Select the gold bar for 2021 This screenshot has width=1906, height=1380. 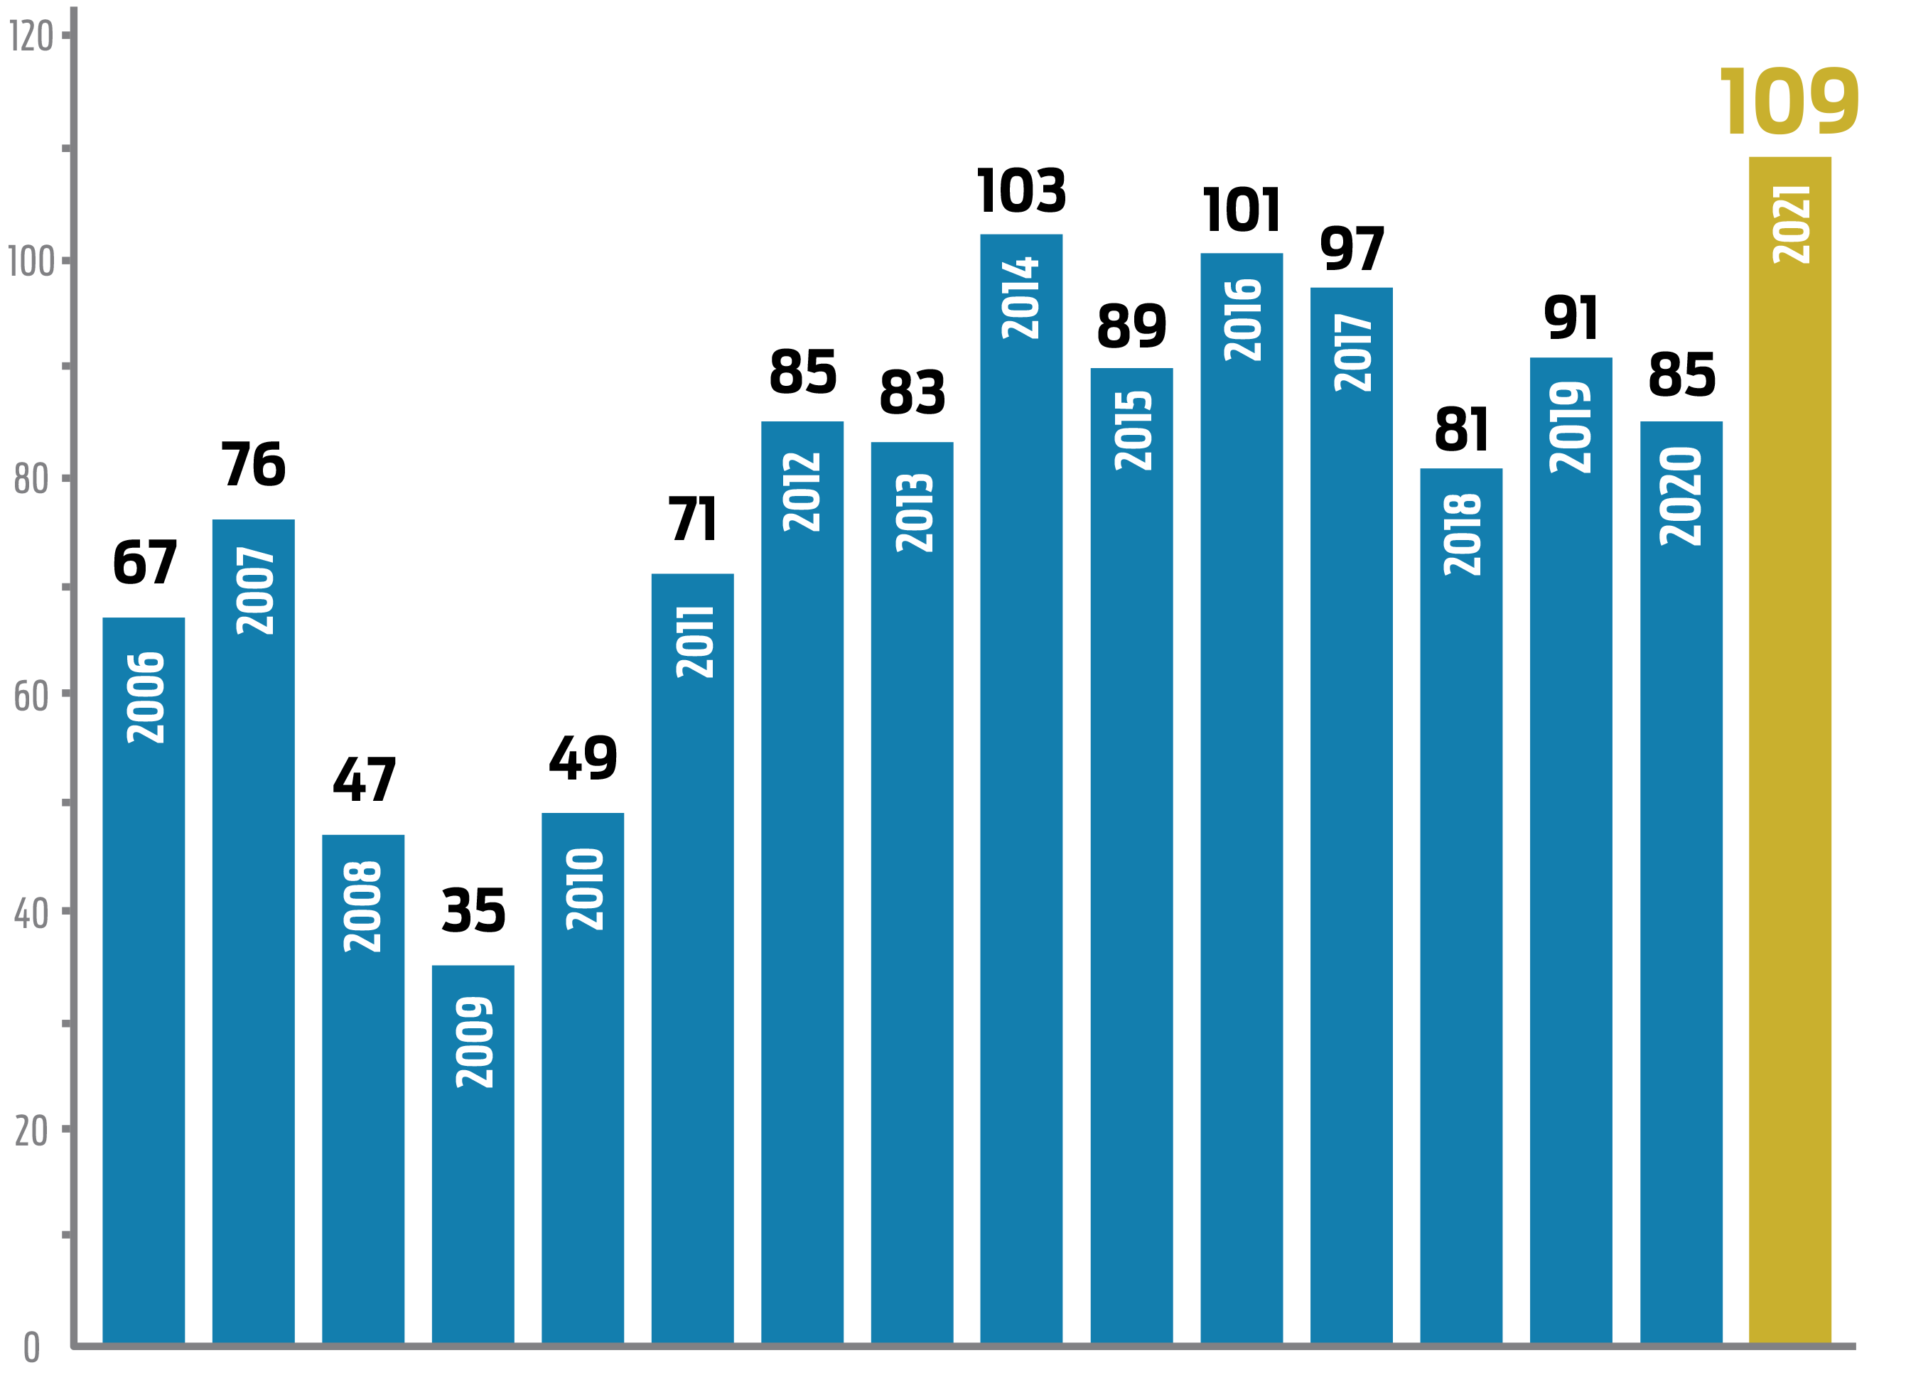1790,756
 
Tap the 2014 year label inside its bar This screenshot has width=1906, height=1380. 1021,298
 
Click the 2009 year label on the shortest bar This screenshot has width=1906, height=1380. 474,1042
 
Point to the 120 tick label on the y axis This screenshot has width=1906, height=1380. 32,36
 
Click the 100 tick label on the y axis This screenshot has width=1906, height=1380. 32,262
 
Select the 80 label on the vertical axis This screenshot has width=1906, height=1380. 32,479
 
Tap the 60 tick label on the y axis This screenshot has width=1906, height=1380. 32,696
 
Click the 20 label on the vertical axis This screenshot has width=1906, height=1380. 32,1131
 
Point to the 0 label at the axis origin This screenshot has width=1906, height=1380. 32,1347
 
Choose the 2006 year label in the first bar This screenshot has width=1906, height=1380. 144,698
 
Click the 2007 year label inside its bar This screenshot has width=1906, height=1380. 254,590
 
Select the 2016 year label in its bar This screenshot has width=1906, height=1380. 1242,320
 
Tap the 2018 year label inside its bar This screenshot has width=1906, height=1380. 1461,534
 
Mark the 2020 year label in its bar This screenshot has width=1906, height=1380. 1681,497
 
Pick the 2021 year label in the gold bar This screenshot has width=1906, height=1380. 1790,225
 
